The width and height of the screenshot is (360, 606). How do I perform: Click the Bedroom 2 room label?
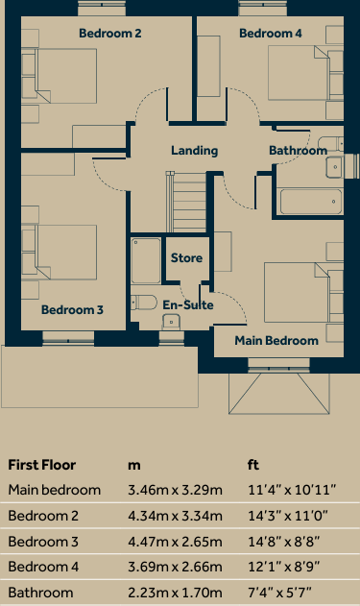point(109,34)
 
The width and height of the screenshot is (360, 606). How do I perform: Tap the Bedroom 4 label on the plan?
point(271,34)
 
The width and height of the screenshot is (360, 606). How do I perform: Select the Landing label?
point(195,151)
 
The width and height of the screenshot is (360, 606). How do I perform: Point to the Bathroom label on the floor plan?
point(298,151)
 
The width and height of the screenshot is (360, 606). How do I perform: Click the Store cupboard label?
point(186,258)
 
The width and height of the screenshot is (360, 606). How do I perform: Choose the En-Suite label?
point(187,305)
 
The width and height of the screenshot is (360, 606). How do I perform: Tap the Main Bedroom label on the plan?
point(276,340)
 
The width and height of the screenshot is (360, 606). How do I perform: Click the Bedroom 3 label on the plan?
point(72,310)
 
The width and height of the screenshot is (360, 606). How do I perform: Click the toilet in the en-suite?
point(145,303)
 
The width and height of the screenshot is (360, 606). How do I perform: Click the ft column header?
point(253,465)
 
